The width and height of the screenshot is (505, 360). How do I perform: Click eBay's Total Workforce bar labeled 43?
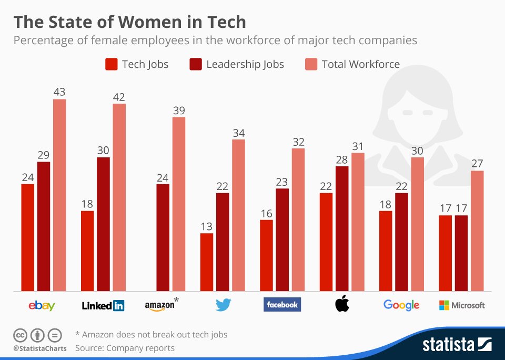[x=59, y=195]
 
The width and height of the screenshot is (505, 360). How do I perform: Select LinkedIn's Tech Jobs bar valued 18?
[x=87, y=251]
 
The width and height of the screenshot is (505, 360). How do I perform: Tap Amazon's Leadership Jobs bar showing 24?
[x=163, y=237]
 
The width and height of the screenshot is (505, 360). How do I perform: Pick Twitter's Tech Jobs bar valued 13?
[x=207, y=262]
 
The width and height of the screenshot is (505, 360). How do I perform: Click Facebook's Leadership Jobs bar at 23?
[x=282, y=239]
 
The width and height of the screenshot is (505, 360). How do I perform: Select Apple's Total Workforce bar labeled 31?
[x=358, y=222]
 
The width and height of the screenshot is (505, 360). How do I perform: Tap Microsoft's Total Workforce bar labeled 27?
[x=477, y=231]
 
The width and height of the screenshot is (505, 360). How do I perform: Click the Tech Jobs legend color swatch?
[x=111, y=64]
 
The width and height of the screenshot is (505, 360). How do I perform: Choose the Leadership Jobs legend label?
[x=245, y=64]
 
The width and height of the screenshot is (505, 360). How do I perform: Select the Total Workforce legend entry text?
[x=361, y=64]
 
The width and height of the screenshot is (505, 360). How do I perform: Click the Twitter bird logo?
[x=224, y=305]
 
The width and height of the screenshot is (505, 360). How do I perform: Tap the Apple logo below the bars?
[x=342, y=304]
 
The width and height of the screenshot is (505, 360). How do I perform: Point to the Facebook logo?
[x=282, y=304]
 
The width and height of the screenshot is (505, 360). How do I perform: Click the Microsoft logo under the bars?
[x=461, y=305]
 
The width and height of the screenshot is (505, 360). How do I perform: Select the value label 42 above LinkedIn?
[x=119, y=97]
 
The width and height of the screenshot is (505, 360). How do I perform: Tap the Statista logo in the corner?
[x=457, y=345]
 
